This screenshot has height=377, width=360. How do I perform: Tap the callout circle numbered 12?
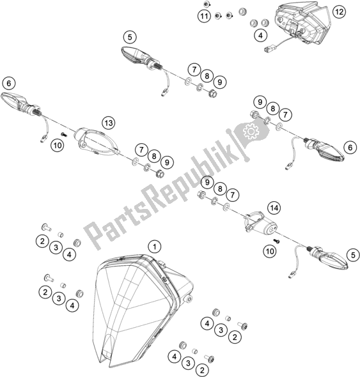pos(338,11)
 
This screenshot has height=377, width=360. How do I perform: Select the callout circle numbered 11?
pos(204,15)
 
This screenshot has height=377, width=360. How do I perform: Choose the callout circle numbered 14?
pos(274,208)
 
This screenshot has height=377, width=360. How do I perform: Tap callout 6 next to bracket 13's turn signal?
pos(9,82)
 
